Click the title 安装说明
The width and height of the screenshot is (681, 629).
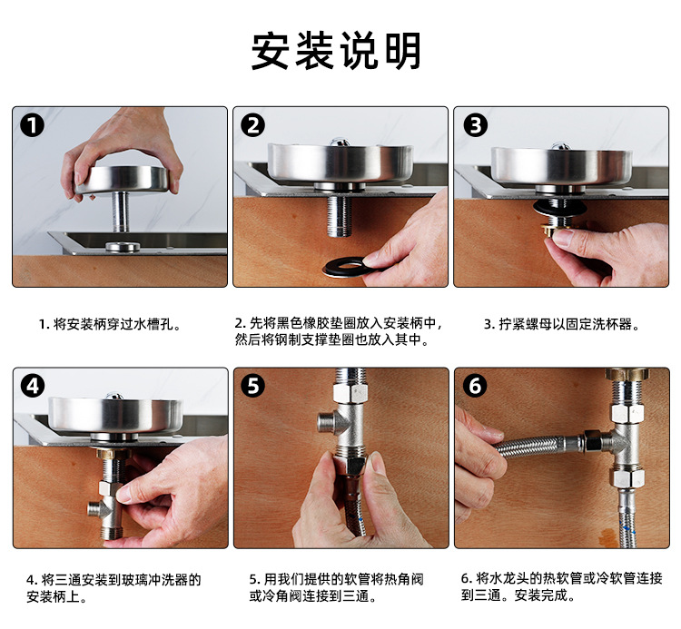pos(336,51)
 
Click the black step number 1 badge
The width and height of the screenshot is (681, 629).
pos(32,125)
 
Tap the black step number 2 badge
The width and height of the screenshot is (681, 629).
pos(252,125)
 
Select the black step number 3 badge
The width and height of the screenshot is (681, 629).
pos(475,125)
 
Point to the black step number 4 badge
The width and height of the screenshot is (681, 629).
pos(33,386)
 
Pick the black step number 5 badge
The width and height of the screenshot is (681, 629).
pos(253,386)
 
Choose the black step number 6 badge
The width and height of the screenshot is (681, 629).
pos(475,386)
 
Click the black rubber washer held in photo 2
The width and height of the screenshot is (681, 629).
pos(345,267)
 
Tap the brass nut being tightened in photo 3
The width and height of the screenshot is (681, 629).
pos(553,230)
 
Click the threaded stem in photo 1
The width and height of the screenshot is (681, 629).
pos(120,211)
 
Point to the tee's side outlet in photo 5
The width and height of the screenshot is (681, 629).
pos(327,420)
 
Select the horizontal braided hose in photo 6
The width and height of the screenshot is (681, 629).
pos(538,447)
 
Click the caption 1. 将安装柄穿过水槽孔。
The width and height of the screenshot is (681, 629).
pos(110,324)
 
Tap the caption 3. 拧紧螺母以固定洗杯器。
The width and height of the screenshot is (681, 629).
pos(562,324)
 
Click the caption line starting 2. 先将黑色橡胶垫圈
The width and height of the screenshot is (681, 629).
pos(339,323)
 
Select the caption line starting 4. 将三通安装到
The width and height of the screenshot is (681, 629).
pos(113,580)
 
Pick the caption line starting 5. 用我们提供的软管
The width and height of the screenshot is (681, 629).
pos(336,579)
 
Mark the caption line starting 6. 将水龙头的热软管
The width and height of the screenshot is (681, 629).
pos(561,578)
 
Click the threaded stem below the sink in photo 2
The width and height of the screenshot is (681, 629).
pos(340,215)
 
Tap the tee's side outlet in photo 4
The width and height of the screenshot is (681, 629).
pos(94,508)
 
